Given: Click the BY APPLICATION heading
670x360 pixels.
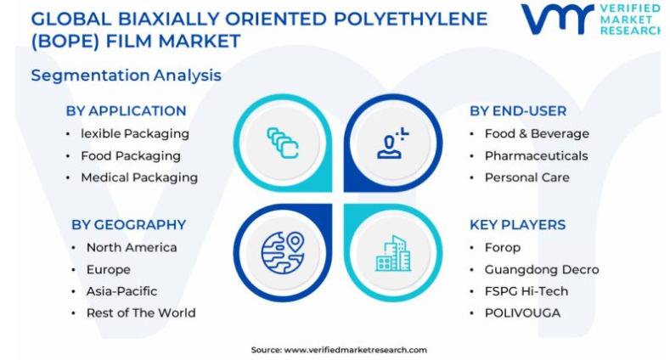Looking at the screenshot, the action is coord(126,111).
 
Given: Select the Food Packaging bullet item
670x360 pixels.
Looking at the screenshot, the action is coord(131,156).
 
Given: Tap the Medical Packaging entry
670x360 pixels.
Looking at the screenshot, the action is coord(139,177).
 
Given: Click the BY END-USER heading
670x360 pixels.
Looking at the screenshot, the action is coord(518,111).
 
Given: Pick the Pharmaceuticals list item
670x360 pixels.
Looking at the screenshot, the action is coord(537,156).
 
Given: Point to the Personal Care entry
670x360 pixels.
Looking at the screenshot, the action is coord(526,177).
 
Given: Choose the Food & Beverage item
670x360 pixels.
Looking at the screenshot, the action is coord(537,133).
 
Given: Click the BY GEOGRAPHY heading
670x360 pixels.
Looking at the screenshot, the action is coord(128,225).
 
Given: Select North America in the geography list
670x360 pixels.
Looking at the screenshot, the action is coord(132,248).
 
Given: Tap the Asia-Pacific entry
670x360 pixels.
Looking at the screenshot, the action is coord(121,291).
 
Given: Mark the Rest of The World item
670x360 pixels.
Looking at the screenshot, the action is coord(141,313).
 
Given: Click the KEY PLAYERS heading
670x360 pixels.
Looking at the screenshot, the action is coord(517,225).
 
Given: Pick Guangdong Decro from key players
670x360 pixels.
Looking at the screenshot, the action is coord(542,270).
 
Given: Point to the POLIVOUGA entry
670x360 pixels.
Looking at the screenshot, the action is coord(522,313).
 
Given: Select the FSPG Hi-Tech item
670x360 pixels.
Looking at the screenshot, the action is coord(526,291).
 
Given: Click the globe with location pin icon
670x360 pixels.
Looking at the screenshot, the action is coord(283,253).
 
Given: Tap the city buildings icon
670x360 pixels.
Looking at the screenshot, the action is coord(393,253).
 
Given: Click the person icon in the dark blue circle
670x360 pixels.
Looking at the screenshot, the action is coord(392,143).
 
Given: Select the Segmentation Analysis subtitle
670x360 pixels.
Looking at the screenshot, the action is coord(127,76).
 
